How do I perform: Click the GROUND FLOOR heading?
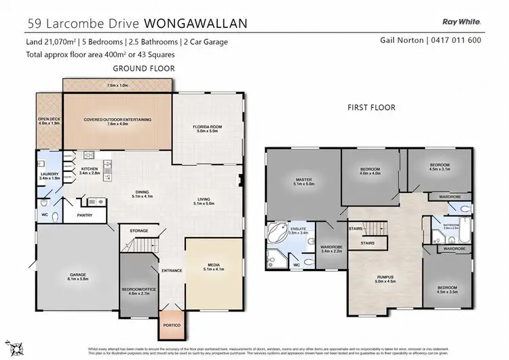[143, 69]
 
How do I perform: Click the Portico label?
[172, 325]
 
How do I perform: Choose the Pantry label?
[84, 215]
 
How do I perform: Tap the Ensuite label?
[299, 229]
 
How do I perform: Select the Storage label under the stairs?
[138, 231]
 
